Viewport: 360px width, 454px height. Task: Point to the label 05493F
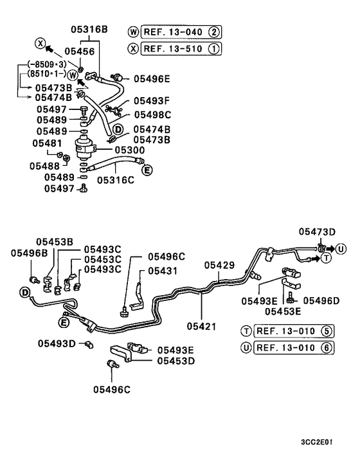tap(152, 101)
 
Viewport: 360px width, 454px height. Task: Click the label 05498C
tap(152, 114)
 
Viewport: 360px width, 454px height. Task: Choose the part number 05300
tap(130, 150)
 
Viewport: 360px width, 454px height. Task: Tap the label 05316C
tap(116, 181)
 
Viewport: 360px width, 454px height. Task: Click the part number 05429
tap(220, 265)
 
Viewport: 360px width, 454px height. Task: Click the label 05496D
tap(321, 300)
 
